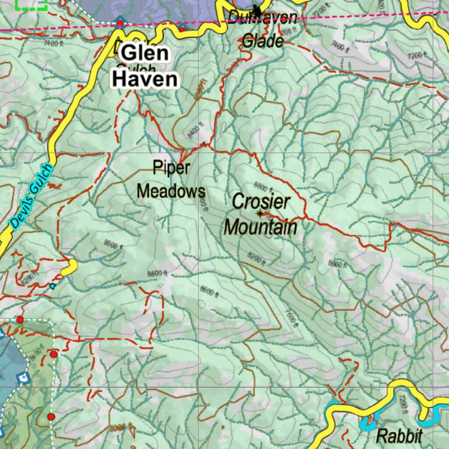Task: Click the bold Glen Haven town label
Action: (x=145, y=67)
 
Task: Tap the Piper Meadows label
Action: (x=171, y=180)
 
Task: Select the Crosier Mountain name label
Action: (x=261, y=215)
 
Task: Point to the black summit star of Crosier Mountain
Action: (x=260, y=214)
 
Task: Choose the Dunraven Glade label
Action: (x=263, y=30)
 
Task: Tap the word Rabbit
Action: (x=399, y=436)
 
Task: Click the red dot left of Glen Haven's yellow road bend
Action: (x=120, y=23)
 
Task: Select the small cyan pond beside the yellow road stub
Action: (x=53, y=286)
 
